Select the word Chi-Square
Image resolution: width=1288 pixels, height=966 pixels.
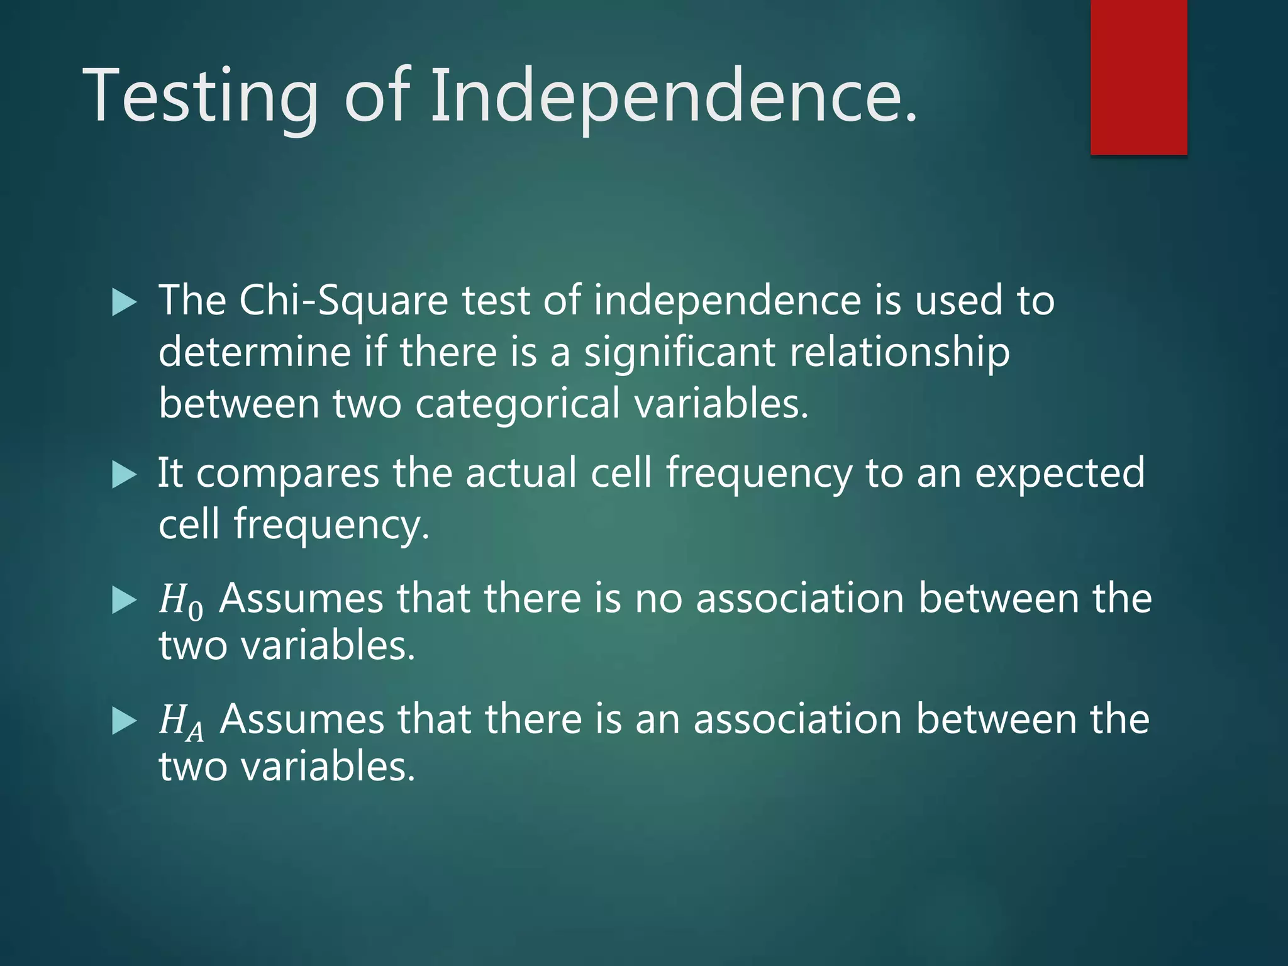click(x=343, y=301)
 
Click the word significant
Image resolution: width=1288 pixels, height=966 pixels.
click(x=679, y=352)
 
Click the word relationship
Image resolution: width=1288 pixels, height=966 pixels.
click(x=899, y=352)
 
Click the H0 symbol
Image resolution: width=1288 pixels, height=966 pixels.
click(x=180, y=600)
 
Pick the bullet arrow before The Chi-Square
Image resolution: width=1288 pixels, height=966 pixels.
click(x=124, y=303)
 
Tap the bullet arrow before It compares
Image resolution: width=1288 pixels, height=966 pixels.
click(x=124, y=475)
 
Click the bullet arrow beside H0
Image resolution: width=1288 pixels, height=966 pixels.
click(x=124, y=600)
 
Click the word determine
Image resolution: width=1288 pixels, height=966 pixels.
click(x=254, y=352)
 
